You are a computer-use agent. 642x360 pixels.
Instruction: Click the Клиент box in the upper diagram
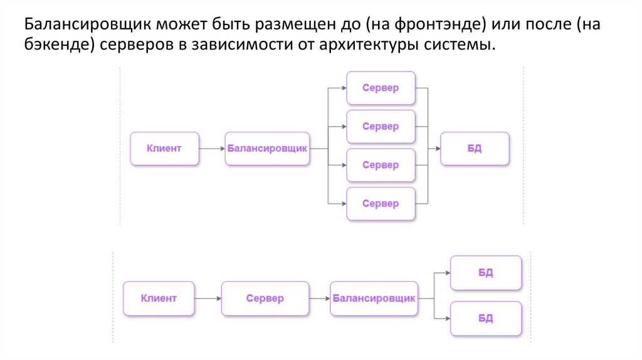(164, 149)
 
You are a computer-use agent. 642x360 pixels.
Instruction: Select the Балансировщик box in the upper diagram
(267, 149)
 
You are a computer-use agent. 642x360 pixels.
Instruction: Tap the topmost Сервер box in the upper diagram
(381, 88)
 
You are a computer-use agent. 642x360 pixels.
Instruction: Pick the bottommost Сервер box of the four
(381, 204)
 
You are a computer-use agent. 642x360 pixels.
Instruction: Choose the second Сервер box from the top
(381, 127)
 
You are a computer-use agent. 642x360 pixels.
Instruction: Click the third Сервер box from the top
(381, 166)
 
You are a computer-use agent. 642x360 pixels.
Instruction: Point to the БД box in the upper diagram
(475, 149)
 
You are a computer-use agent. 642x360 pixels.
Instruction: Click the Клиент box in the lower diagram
(159, 299)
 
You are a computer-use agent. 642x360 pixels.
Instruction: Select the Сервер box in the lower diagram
(265, 299)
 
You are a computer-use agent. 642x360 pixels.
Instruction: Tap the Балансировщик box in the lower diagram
(374, 299)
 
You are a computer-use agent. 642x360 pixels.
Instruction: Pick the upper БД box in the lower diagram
(486, 273)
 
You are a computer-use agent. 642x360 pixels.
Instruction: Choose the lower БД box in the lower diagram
(486, 319)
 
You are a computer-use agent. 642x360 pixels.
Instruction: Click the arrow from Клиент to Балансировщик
(212, 149)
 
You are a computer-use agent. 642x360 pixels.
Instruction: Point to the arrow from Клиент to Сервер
(208, 299)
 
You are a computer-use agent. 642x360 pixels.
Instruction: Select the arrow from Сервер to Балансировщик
(319, 299)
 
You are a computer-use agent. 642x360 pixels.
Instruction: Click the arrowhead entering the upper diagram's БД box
(436, 149)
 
